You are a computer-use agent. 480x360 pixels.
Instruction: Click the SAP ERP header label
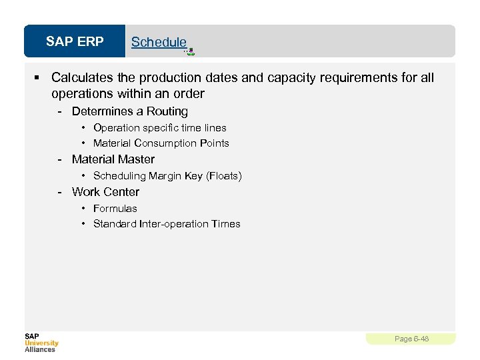[x=75, y=42]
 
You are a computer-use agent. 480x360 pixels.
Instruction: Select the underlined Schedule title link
[x=159, y=42]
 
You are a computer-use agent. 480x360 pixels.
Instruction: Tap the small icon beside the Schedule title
[x=191, y=50]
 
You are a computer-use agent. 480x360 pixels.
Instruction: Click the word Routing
[x=167, y=111]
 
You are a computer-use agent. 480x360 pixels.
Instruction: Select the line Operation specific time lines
[x=160, y=127]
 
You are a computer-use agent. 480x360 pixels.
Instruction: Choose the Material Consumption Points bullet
[x=161, y=143]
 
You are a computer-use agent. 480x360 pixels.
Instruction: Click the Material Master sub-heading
[x=113, y=159]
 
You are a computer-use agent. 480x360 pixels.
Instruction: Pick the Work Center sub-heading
[x=105, y=192]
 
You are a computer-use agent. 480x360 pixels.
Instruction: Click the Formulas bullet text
[x=115, y=208]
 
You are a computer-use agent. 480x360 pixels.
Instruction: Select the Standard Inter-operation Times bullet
[x=167, y=224]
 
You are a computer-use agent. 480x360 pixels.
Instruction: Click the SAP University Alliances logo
[x=41, y=342]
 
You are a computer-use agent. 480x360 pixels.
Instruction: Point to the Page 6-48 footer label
[x=411, y=339]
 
